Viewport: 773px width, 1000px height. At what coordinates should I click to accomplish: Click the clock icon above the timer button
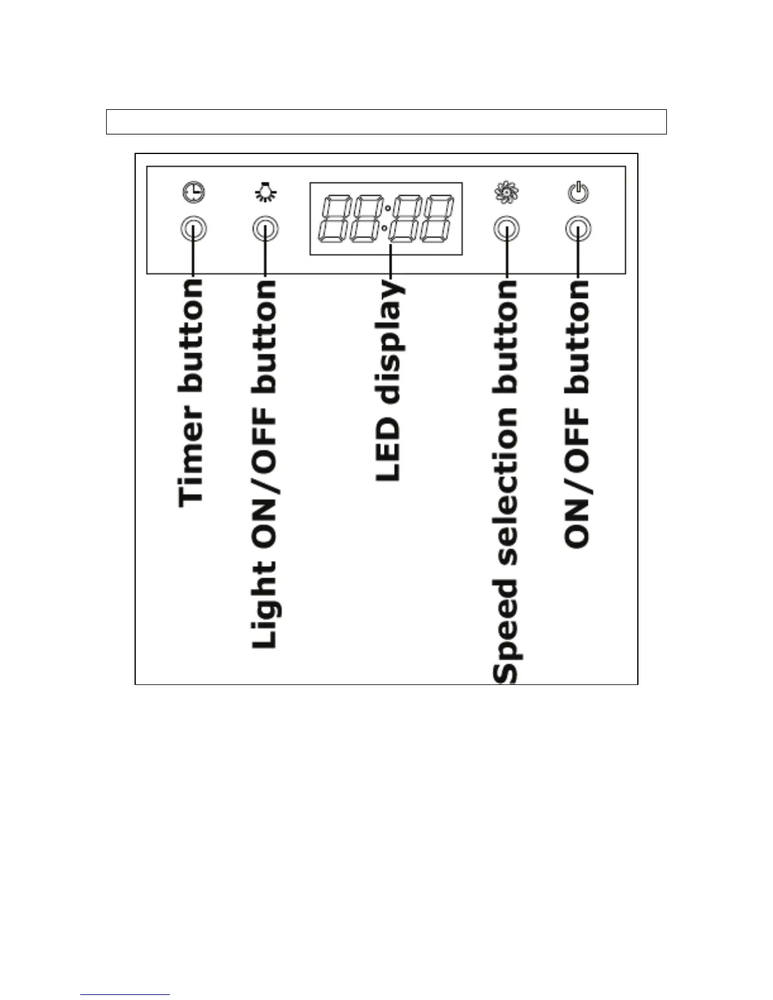194,193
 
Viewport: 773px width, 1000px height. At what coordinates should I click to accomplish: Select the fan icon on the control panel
506,193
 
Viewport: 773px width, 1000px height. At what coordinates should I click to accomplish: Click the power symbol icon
578,192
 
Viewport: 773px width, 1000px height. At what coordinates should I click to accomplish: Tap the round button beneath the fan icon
506,229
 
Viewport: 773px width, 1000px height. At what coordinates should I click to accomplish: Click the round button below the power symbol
578,229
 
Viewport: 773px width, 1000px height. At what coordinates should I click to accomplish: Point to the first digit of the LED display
335,218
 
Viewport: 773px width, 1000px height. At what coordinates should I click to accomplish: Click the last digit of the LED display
437,218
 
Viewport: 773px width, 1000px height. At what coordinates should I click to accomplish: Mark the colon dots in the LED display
386,218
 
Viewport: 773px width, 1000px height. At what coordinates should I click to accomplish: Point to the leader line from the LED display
391,265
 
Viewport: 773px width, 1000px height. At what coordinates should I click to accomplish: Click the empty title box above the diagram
386,122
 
